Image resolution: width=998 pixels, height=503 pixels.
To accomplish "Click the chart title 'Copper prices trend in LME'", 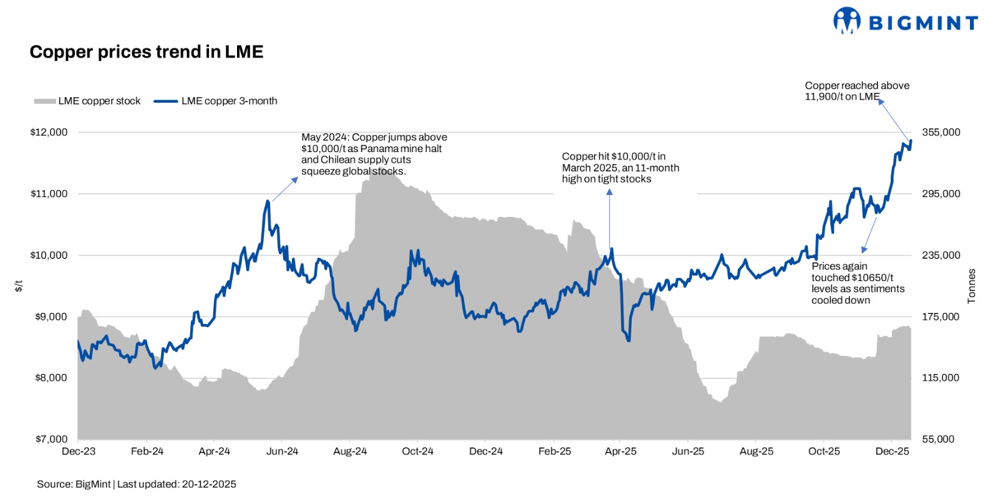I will pyautogui.click(x=147, y=52).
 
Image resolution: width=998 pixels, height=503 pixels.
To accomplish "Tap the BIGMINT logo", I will pyautogui.click(x=905, y=22).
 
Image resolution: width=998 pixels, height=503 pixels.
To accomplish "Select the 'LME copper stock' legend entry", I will pyautogui.click(x=87, y=101).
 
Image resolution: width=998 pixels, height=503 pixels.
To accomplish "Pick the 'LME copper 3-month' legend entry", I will pyautogui.click(x=216, y=101).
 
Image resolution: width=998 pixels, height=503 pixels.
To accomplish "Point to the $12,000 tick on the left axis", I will pyautogui.click(x=49, y=132).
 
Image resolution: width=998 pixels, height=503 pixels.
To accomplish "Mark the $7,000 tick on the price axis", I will pyautogui.click(x=51, y=439).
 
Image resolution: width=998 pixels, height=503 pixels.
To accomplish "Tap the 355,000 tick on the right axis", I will pyautogui.click(x=941, y=132).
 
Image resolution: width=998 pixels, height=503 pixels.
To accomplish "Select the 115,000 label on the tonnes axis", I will pyautogui.click(x=941, y=378).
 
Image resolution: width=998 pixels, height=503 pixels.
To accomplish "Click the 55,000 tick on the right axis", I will pyautogui.click(x=938, y=439).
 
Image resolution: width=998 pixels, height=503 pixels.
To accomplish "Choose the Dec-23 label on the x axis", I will pyautogui.click(x=79, y=451).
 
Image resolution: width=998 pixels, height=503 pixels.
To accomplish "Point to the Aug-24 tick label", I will pyautogui.click(x=350, y=451).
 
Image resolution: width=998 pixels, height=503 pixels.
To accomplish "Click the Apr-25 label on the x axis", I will pyautogui.click(x=621, y=451).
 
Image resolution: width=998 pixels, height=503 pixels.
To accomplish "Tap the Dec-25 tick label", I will pyautogui.click(x=892, y=451).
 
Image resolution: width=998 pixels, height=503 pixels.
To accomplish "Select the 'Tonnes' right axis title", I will pyautogui.click(x=971, y=287).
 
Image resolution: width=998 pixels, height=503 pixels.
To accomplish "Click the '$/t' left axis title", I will pyautogui.click(x=19, y=286).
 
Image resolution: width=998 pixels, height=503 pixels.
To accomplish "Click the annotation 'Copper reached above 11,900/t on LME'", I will pyautogui.click(x=856, y=91).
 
